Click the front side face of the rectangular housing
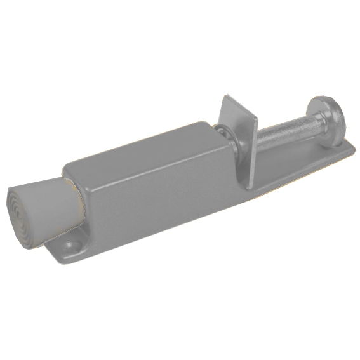(159, 197)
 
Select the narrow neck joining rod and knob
(312, 124)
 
